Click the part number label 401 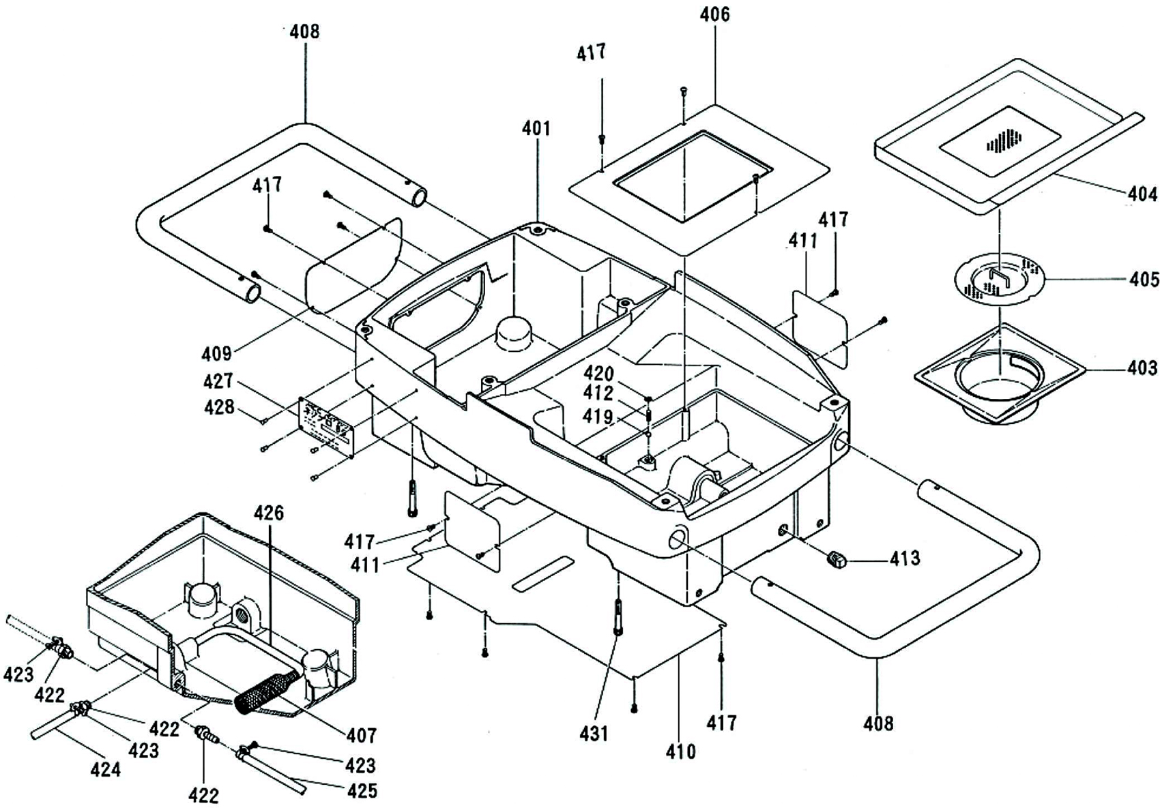[536, 128]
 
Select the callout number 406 [714, 14]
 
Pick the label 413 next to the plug [905, 558]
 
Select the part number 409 [216, 353]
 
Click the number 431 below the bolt [594, 734]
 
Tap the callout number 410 [680, 751]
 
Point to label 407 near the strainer [361, 735]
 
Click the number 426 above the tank [269, 513]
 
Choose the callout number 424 [106, 769]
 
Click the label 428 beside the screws [219, 407]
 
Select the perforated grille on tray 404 [1002, 140]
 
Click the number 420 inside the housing [599, 374]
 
